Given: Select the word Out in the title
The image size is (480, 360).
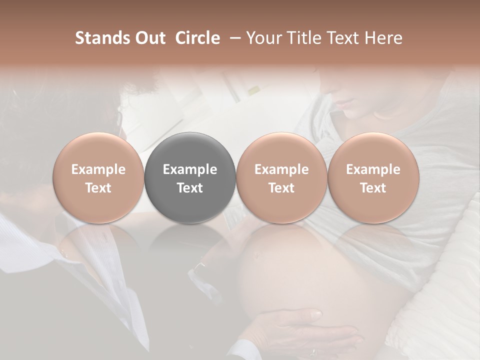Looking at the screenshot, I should pos(149,38).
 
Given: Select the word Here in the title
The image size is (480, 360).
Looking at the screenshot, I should pos(384,38).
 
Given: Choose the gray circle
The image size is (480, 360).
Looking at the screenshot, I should pos(190,178).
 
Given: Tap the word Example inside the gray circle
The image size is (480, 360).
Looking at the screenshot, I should pos(190,169).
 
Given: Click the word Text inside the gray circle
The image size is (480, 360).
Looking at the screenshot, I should pos(190,188).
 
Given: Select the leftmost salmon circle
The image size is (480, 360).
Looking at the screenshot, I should pos(98,178).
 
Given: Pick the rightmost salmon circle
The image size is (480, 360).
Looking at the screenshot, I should pos(373,178).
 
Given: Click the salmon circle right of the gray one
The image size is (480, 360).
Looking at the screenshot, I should pos(281,178).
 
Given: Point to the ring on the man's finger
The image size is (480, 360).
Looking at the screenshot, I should pos(312,351).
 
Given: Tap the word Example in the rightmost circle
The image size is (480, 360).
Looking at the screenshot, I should pos(373,169).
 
